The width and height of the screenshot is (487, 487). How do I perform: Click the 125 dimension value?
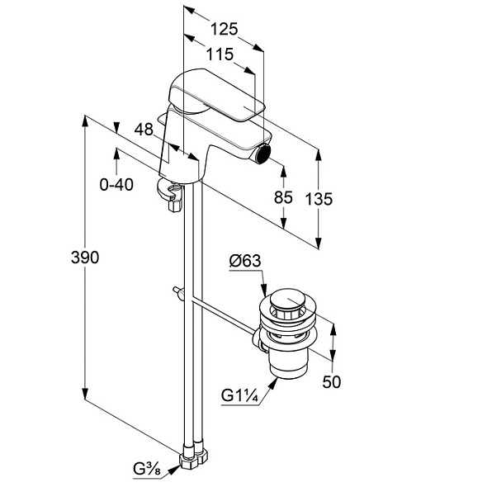tap(224, 29)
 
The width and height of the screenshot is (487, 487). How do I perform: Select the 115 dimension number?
tap(220, 54)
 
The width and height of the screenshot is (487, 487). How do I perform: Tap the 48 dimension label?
tap(144, 129)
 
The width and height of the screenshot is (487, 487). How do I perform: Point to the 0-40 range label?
tap(116, 185)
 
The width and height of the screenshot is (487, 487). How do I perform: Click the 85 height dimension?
tap(283, 197)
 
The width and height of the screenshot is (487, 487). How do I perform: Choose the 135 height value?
tap(319, 199)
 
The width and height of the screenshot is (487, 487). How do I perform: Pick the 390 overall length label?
tap(85, 258)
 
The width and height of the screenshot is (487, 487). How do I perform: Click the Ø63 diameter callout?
tap(245, 261)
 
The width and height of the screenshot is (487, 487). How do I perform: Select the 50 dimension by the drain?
tap(331, 381)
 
